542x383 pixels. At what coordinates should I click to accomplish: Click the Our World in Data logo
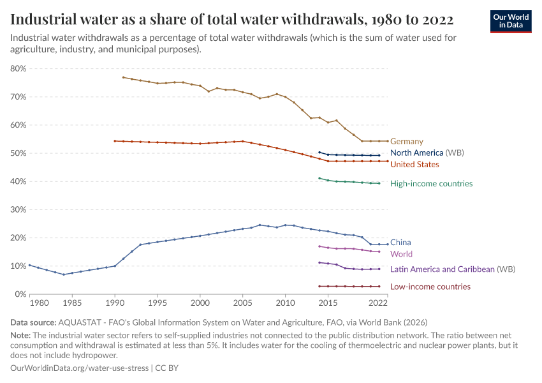[510, 21]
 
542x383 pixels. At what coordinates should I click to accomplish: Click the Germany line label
[406, 142]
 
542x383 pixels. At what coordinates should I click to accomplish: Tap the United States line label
[414, 165]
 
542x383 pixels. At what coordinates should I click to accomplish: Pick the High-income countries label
[431, 184]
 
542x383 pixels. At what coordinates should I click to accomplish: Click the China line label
[400, 243]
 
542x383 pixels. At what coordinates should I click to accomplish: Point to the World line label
[401, 254]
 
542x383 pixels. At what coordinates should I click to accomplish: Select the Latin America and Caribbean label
[442, 269]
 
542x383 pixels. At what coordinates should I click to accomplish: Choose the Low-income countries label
[430, 287]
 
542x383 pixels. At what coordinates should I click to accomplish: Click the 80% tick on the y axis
[18, 69]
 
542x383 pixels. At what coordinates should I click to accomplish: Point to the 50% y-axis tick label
[18, 153]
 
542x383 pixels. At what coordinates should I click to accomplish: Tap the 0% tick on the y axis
[20, 294]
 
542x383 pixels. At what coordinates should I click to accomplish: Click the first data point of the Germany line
[123, 77]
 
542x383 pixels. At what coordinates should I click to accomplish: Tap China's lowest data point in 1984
[64, 274]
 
